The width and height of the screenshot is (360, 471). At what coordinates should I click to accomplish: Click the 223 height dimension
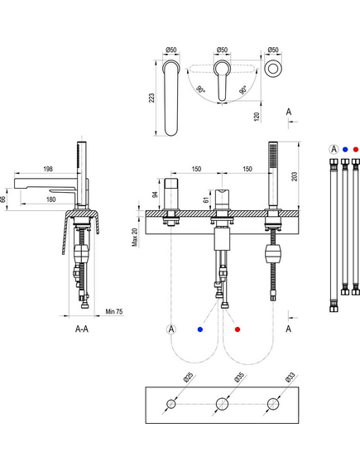coord(151,98)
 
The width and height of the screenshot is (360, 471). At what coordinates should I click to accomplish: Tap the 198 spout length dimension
coord(48,169)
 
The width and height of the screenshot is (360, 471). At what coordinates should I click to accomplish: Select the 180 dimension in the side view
coord(51,199)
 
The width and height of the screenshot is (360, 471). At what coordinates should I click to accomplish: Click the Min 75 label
coord(114,312)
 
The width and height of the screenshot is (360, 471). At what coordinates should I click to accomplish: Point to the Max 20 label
coord(135,238)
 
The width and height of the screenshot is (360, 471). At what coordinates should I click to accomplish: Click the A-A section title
coord(82,329)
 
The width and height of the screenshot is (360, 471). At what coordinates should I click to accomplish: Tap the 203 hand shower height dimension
coord(295,176)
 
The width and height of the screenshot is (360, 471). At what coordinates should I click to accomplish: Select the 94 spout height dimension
coord(155,195)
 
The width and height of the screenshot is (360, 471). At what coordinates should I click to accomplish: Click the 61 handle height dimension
coord(206,200)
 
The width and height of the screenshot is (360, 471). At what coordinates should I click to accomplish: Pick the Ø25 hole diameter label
coord(188,378)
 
